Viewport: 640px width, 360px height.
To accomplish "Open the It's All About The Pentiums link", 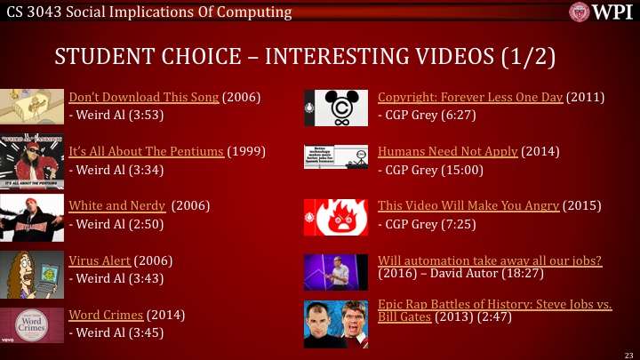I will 147,151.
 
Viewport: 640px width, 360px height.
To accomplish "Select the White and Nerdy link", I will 117,205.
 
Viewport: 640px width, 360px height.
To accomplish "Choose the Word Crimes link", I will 106,315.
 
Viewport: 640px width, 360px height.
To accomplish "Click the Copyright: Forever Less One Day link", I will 470,97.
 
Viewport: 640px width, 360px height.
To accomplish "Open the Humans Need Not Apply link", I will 447,151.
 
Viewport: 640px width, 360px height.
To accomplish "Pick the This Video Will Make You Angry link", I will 468,205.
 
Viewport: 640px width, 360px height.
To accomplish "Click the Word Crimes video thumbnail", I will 32,322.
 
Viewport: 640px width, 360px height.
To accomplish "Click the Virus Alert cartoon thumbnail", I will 32,268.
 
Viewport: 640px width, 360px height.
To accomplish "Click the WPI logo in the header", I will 601,12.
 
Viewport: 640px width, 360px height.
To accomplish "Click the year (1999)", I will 247,151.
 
